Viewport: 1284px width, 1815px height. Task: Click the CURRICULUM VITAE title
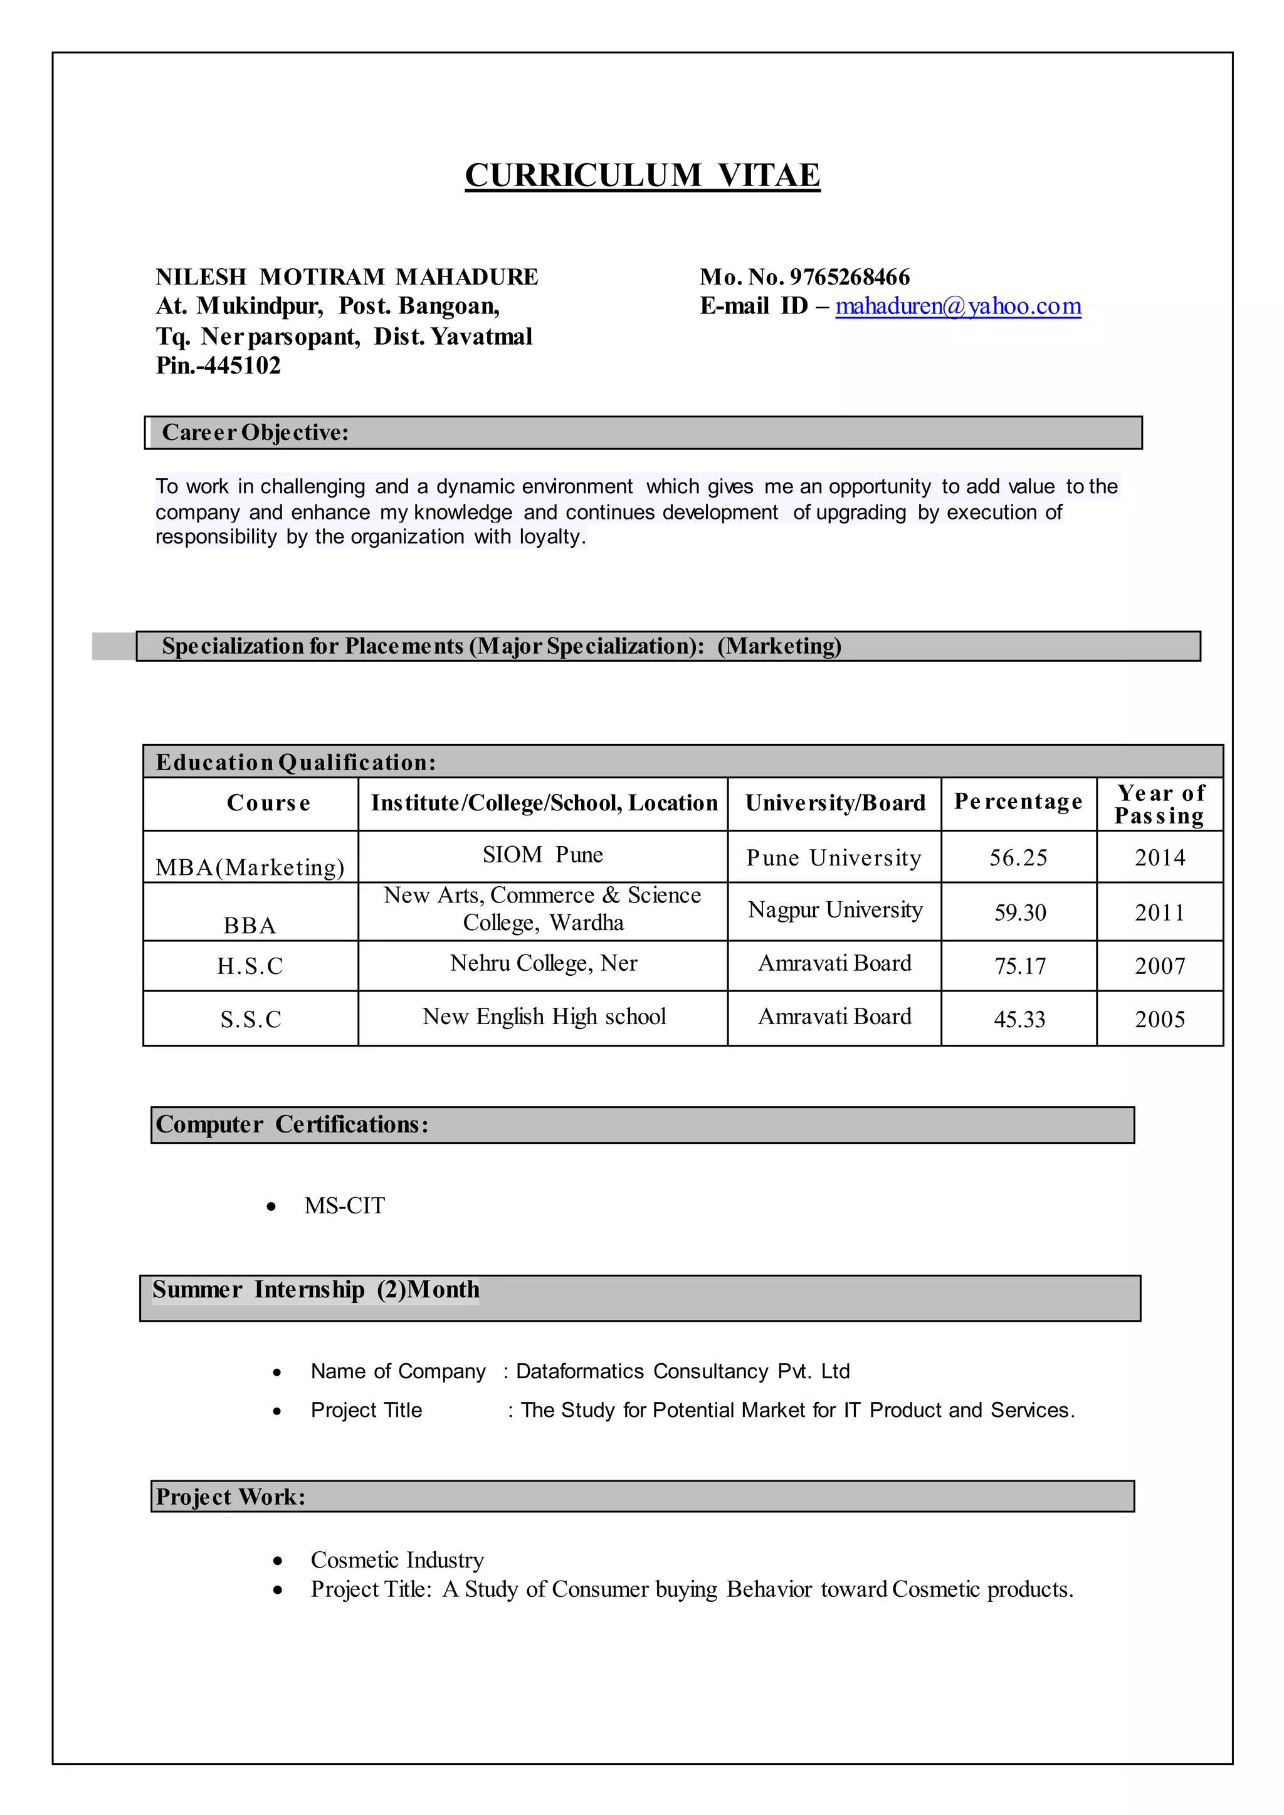coord(642,175)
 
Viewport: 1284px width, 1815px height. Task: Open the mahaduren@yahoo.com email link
coord(957,306)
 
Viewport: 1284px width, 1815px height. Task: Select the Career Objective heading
coord(255,432)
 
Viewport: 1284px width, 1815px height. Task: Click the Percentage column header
coord(1018,802)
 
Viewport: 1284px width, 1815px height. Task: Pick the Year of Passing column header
coord(1159,804)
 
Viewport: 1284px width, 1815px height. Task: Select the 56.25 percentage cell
coord(1018,858)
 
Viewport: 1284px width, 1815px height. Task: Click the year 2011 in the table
coord(1159,913)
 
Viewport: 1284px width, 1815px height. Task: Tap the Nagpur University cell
coord(835,910)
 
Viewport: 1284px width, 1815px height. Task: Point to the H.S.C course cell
coord(250,966)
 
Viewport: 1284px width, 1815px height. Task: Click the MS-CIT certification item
coord(345,1206)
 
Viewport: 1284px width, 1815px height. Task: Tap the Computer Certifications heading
coord(292,1124)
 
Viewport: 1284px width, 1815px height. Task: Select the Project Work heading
coord(230,1497)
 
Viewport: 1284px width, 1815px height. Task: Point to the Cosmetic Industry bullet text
coord(397,1560)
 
